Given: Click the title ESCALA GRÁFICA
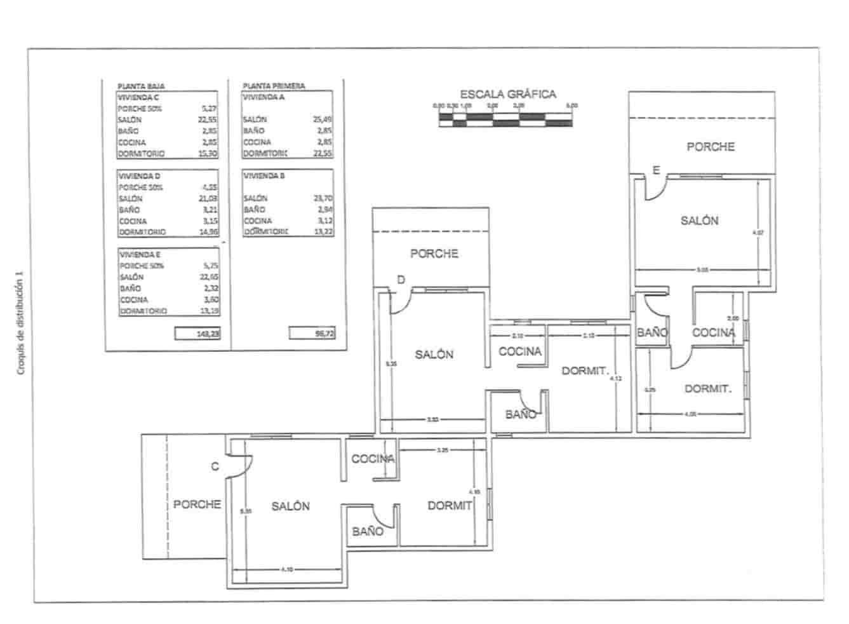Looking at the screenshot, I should (507, 95).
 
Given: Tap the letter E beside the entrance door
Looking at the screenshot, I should (657, 170).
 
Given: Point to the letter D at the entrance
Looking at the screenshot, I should (401, 280).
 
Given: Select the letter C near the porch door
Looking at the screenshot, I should (215, 467).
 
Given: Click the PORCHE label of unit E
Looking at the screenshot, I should (711, 147).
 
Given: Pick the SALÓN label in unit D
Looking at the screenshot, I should (434, 355).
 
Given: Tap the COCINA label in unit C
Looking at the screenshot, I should (373, 459).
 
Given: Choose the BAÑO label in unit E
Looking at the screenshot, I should (652, 332).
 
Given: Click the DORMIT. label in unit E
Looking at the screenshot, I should (708, 389).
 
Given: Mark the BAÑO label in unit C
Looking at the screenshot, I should (368, 531).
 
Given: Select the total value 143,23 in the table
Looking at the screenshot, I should (197, 333).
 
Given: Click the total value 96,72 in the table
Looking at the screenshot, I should (312, 333).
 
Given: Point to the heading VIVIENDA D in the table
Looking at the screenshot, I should (140, 176).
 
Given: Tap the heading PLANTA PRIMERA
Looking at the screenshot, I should (274, 86).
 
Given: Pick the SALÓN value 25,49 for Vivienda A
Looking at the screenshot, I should (323, 119).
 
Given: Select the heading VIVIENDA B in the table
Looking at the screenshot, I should (265, 175).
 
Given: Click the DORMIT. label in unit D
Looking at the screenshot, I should (585, 371).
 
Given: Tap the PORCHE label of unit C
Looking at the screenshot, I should (197, 505).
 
